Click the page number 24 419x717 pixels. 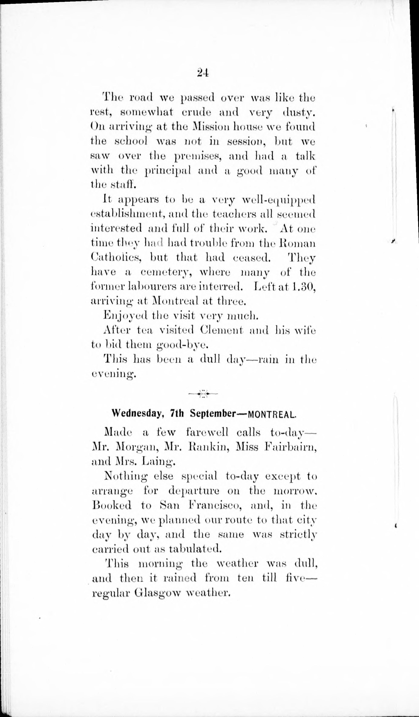pyautogui.click(x=203, y=73)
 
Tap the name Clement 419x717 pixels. pyautogui.click(x=221, y=330)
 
